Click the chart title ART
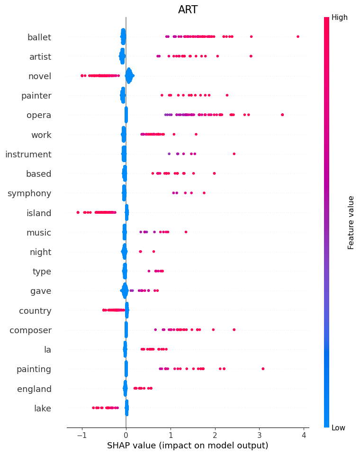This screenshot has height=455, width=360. (x=188, y=10)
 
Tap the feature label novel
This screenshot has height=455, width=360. (x=40, y=76)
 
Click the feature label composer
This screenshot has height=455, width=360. (x=30, y=330)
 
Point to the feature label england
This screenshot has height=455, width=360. (x=34, y=389)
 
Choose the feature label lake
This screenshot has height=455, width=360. (x=43, y=409)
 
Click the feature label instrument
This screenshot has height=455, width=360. (x=28, y=154)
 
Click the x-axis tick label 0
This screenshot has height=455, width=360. (x=126, y=435)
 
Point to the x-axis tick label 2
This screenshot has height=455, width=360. (x=215, y=435)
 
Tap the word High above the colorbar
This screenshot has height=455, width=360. (x=340, y=18)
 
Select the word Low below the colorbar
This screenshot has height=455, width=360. (x=339, y=428)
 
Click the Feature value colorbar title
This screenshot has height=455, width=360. (x=351, y=222)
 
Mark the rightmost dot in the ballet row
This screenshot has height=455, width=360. (x=297, y=36)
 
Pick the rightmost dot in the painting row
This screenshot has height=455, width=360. (x=263, y=369)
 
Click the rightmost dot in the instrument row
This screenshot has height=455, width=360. (x=234, y=154)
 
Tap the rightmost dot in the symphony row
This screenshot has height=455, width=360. (x=204, y=193)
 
